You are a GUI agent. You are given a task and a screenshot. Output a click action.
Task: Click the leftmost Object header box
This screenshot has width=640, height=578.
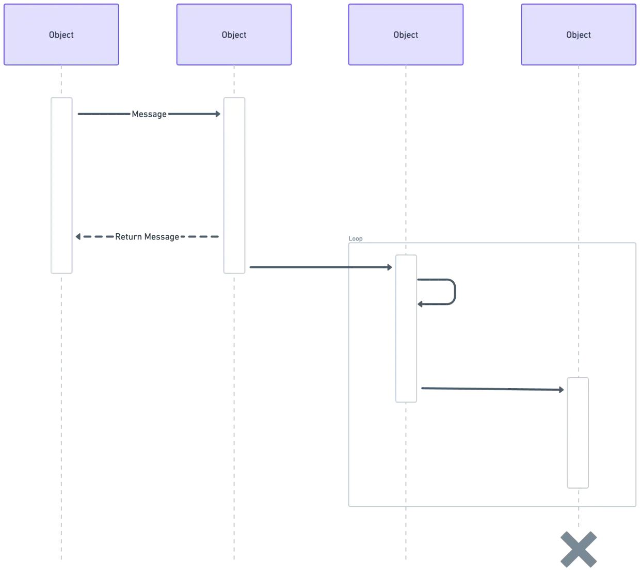point(61,35)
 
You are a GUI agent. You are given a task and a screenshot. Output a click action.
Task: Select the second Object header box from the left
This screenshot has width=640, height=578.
point(234,35)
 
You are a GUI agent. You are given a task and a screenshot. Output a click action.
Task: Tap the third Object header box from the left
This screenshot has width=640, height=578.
point(406,35)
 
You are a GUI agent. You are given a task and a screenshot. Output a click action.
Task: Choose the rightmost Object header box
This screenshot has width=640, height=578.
point(578,35)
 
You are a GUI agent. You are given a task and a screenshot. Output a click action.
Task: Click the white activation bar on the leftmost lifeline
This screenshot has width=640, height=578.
point(62,185)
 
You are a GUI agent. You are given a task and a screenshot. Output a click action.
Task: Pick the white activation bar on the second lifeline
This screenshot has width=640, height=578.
point(235,185)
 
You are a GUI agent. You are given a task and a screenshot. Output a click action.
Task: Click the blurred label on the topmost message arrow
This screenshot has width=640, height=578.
point(150,114)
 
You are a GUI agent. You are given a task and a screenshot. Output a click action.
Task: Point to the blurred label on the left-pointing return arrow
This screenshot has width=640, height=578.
point(149,237)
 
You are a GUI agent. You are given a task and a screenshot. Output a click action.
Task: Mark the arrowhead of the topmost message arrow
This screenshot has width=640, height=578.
point(218,114)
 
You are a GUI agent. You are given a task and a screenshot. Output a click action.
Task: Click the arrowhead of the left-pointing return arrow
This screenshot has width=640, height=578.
point(79,237)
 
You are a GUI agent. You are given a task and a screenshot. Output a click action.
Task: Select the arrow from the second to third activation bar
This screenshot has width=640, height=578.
point(317,266)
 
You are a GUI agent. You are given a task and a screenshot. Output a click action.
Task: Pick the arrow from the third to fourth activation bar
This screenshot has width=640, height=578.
point(490,388)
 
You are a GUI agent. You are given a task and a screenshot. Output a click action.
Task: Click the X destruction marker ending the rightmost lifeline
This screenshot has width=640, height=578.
point(578,548)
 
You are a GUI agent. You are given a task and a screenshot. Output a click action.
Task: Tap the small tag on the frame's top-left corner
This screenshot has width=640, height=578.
point(355,238)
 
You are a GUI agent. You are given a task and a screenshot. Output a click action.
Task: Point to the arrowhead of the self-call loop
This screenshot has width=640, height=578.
point(421,304)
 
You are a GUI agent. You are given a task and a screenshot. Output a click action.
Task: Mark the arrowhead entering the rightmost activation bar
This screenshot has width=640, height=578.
point(562,390)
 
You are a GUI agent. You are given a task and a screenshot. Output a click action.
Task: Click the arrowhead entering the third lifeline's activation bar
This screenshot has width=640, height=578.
point(388,267)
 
